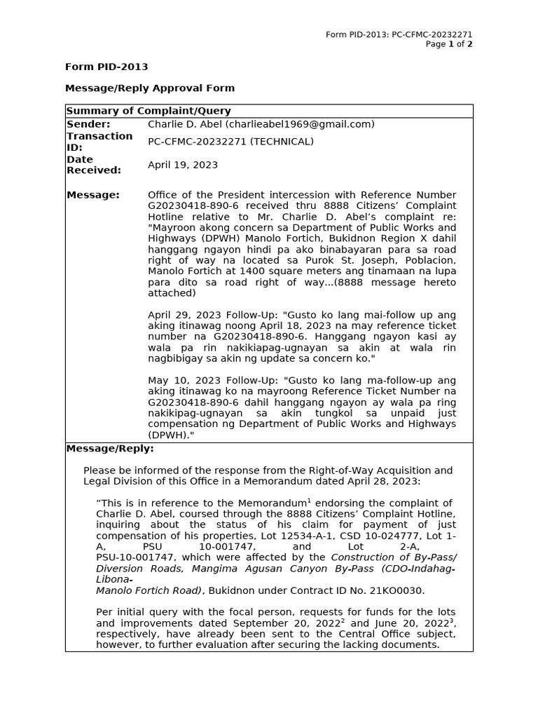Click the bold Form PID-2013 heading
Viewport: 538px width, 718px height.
[x=106, y=67]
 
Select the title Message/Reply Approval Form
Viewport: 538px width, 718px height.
[x=150, y=88]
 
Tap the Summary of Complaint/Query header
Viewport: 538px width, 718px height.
[x=149, y=111]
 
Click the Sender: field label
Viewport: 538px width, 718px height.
[x=89, y=124]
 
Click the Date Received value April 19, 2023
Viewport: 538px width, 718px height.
[x=183, y=165]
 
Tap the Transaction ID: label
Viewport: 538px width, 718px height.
[x=99, y=142]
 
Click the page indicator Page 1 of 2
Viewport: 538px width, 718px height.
[x=449, y=44]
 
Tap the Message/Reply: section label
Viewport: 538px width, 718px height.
[x=110, y=449]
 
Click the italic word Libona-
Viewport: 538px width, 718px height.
[x=113, y=580]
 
